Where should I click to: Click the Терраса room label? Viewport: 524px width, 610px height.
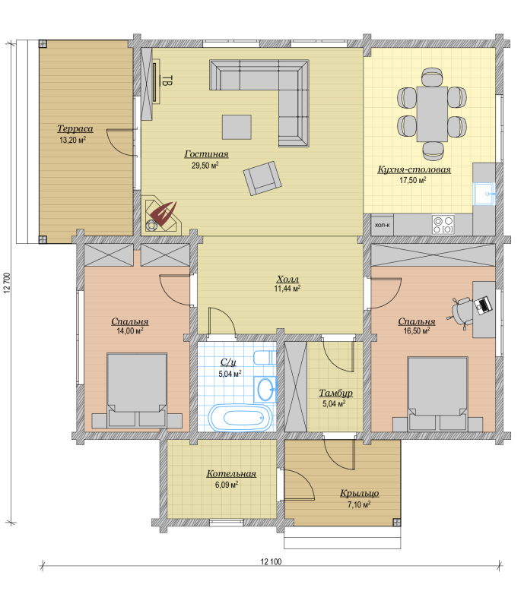click(x=75, y=128)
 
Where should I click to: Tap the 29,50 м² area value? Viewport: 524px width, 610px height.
click(x=205, y=166)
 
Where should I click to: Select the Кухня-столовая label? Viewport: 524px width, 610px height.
click(x=414, y=169)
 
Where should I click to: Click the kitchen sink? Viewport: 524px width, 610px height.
click(x=484, y=194)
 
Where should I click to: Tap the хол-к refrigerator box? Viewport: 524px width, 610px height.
click(x=383, y=225)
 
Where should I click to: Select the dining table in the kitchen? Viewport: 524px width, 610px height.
click(x=432, y=114)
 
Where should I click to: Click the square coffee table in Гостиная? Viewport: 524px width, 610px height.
click(x=237, y=127)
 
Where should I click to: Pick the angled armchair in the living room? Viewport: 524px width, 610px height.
click(x=262, y=179)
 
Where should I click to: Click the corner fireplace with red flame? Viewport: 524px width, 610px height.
click(x=162, y=215)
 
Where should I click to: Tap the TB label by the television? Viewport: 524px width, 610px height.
click(x=167, y=81)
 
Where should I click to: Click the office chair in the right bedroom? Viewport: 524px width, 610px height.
click(x=462, y=311)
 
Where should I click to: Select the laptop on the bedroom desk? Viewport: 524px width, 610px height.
click(x=483, y=305)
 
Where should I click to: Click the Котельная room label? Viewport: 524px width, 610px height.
click(x=231, y=473)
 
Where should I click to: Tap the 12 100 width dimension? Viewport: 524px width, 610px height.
click(x=271, y=561)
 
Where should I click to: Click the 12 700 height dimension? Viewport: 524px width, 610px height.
click(x=7, y=283)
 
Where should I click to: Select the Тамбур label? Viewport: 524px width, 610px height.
click(x=336, y=393)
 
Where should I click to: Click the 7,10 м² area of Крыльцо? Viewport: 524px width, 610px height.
click(x=359, y=504)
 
